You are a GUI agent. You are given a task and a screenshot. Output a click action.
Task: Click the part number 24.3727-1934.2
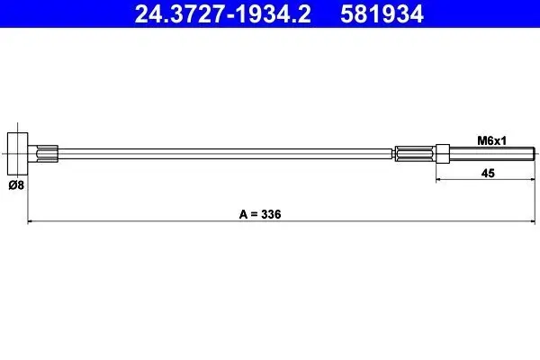coord(223,14)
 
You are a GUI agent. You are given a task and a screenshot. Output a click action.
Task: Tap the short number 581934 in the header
coord(382,14)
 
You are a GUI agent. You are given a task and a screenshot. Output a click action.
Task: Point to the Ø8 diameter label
coord(16,185)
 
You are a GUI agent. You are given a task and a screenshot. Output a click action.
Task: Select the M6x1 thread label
coord(491,141)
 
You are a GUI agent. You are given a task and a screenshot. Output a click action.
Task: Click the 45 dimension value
coord(488,173)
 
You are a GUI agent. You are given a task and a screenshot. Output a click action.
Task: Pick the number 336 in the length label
coord(271,214)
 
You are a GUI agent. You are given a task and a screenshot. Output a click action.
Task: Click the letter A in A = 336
coord(243,214)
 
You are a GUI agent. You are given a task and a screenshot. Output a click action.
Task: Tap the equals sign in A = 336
coord(254,214)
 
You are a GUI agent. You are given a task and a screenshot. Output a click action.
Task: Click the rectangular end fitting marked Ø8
coord(18,154)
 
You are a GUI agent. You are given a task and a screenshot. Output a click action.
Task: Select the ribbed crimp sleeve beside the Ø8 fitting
coord(47,154)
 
